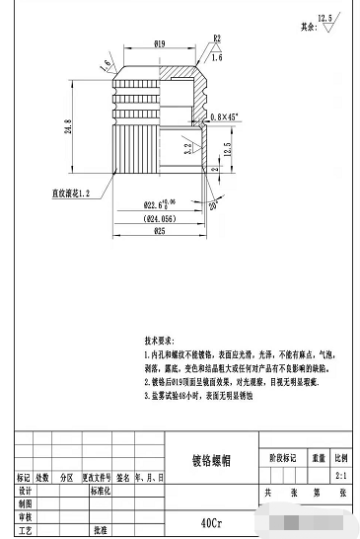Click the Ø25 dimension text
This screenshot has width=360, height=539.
click(159, 232)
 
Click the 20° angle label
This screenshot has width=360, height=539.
click(212, 205)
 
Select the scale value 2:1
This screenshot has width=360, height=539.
click(340, 474)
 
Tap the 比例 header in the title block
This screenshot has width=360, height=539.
click(340, 458)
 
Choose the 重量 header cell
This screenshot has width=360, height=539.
click(319, 458)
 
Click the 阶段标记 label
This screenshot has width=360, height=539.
click(282, 458)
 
